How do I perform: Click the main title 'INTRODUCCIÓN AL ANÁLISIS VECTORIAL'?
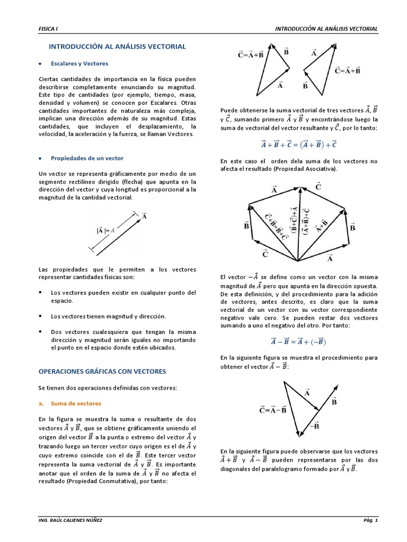coord(117,47)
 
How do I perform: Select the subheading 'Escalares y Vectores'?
coord(79,64)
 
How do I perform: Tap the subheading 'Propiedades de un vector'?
coord(86,158)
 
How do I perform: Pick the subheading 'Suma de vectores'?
coord(75,403)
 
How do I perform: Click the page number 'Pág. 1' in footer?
coord(370,520)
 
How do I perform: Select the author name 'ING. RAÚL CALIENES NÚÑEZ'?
coord(71,520)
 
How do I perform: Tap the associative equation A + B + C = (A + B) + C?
coord(299,144)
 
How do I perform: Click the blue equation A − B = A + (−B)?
coord(299,341)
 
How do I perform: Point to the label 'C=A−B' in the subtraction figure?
coord(273,410)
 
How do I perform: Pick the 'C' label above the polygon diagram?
coord(318,186)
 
